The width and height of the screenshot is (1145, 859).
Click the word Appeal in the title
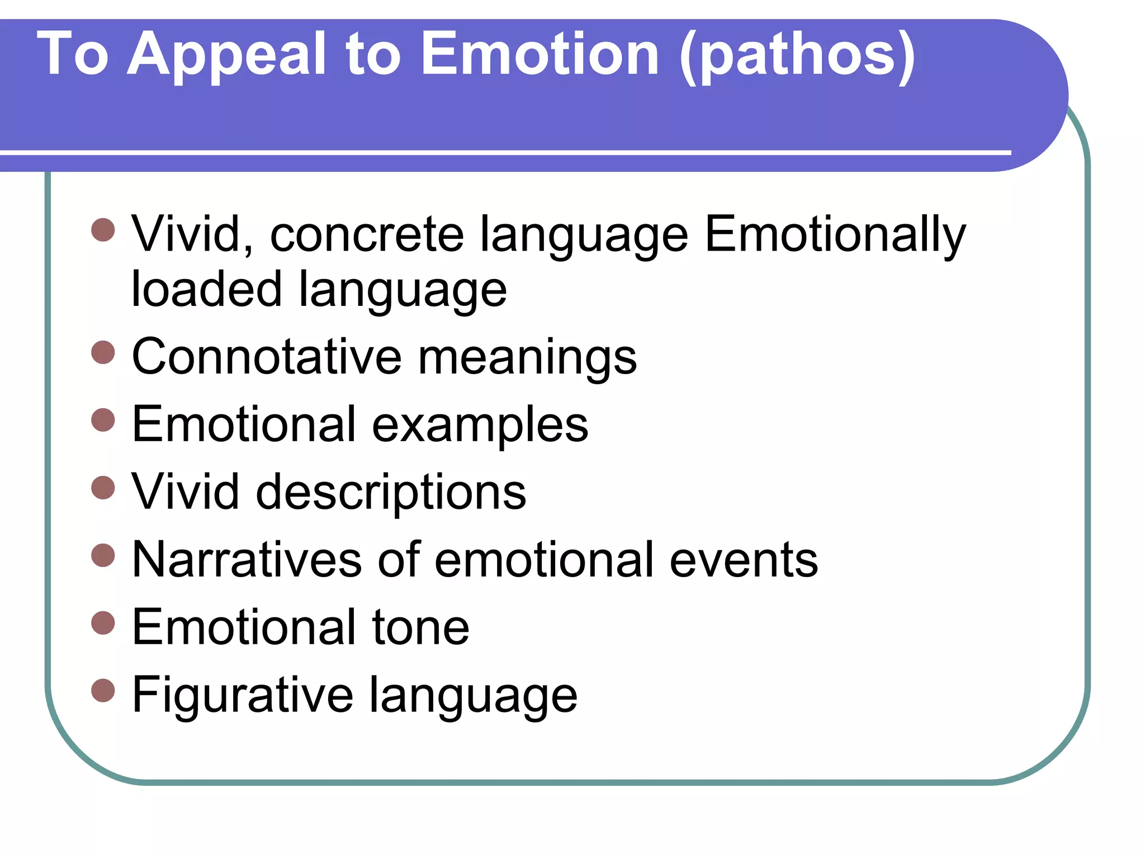[226, 55]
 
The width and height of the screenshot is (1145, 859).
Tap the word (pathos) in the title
[797, 55]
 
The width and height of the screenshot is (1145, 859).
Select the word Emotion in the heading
[540, 54]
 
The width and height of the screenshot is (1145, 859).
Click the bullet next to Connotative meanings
[103, 352]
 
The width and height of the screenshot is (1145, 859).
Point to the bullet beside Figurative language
[103, 690]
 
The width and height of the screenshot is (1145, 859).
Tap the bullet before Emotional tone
[103, 622]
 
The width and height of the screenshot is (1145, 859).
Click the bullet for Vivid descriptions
[103, 487]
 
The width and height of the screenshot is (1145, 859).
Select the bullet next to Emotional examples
[103, 420]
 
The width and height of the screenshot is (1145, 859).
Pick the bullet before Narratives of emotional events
[103, 555]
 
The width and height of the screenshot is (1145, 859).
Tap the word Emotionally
[835, 235]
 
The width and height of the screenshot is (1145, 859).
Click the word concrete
[367, 235]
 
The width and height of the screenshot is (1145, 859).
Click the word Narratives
[247, 560]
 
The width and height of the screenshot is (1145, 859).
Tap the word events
[744, 560]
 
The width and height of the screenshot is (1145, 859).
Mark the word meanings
[527, 358]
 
